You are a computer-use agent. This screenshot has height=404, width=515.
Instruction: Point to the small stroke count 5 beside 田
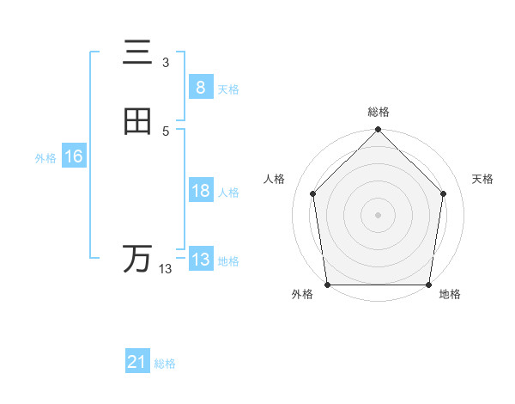[166, 131]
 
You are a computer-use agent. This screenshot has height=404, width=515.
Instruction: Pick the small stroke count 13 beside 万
[166, 269]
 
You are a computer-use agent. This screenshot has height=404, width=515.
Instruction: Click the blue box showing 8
[200, 87]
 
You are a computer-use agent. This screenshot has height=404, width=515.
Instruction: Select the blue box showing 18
[200, 191]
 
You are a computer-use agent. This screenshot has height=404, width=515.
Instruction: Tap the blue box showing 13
[200, 260]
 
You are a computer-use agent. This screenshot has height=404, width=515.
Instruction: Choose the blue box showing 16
[73, 156]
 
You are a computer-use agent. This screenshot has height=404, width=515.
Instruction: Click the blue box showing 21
[137, 362]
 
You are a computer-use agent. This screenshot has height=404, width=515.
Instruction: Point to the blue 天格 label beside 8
[228, 89]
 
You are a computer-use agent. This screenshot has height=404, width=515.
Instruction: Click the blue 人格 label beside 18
[228, 193]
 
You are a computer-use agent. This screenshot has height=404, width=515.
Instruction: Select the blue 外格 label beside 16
[45, 158]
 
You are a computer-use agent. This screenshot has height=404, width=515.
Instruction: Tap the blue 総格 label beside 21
[165, 364]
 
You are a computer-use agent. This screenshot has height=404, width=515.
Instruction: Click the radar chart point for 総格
[378, 132]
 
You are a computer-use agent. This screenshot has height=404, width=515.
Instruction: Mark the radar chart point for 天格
[444, 193]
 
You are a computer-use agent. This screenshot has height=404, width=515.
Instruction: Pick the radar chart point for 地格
[428, 285]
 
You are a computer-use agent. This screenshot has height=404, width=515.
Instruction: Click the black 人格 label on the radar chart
[275, 179]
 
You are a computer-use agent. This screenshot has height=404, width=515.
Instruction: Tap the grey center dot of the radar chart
[378, 214]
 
